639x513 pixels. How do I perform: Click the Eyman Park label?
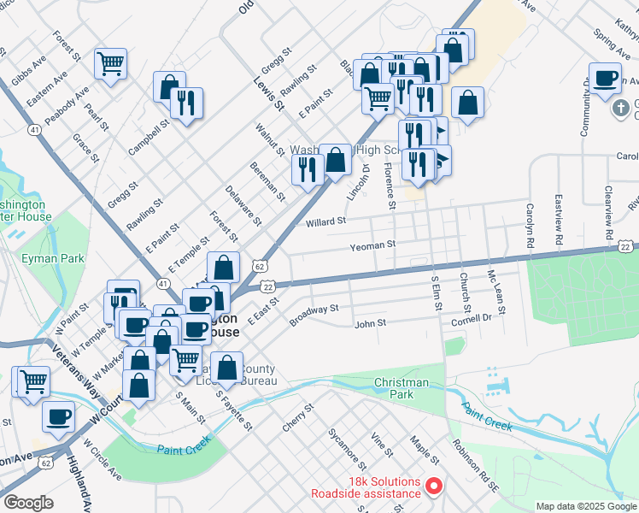pyautogui.click(x=62, y=257)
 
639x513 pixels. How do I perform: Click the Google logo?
pyautogui.click(x=28, y=503)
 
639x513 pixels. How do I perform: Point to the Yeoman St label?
pyautogui.click(x=372, y=245)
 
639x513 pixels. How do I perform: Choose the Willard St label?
pyautogui.click(x=325, y=221)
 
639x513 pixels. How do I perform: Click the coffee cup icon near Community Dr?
pyautogui.click(x=606, y=78)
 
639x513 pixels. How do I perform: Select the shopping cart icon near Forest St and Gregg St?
pyautogui.click(x=110, y=62)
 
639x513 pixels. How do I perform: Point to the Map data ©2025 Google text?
pyautogui.click(x=585, y=506)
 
